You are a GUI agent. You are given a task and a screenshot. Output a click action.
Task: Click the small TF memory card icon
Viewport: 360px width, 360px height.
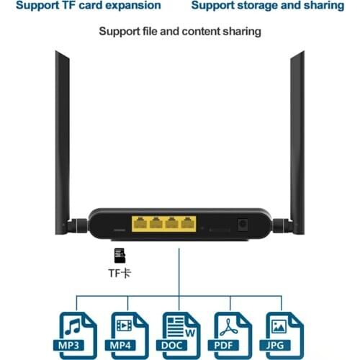pyautogui.click(x=120, y=255)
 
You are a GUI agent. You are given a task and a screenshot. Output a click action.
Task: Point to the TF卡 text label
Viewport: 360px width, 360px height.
pyautogui.click(x=120, y=274)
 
